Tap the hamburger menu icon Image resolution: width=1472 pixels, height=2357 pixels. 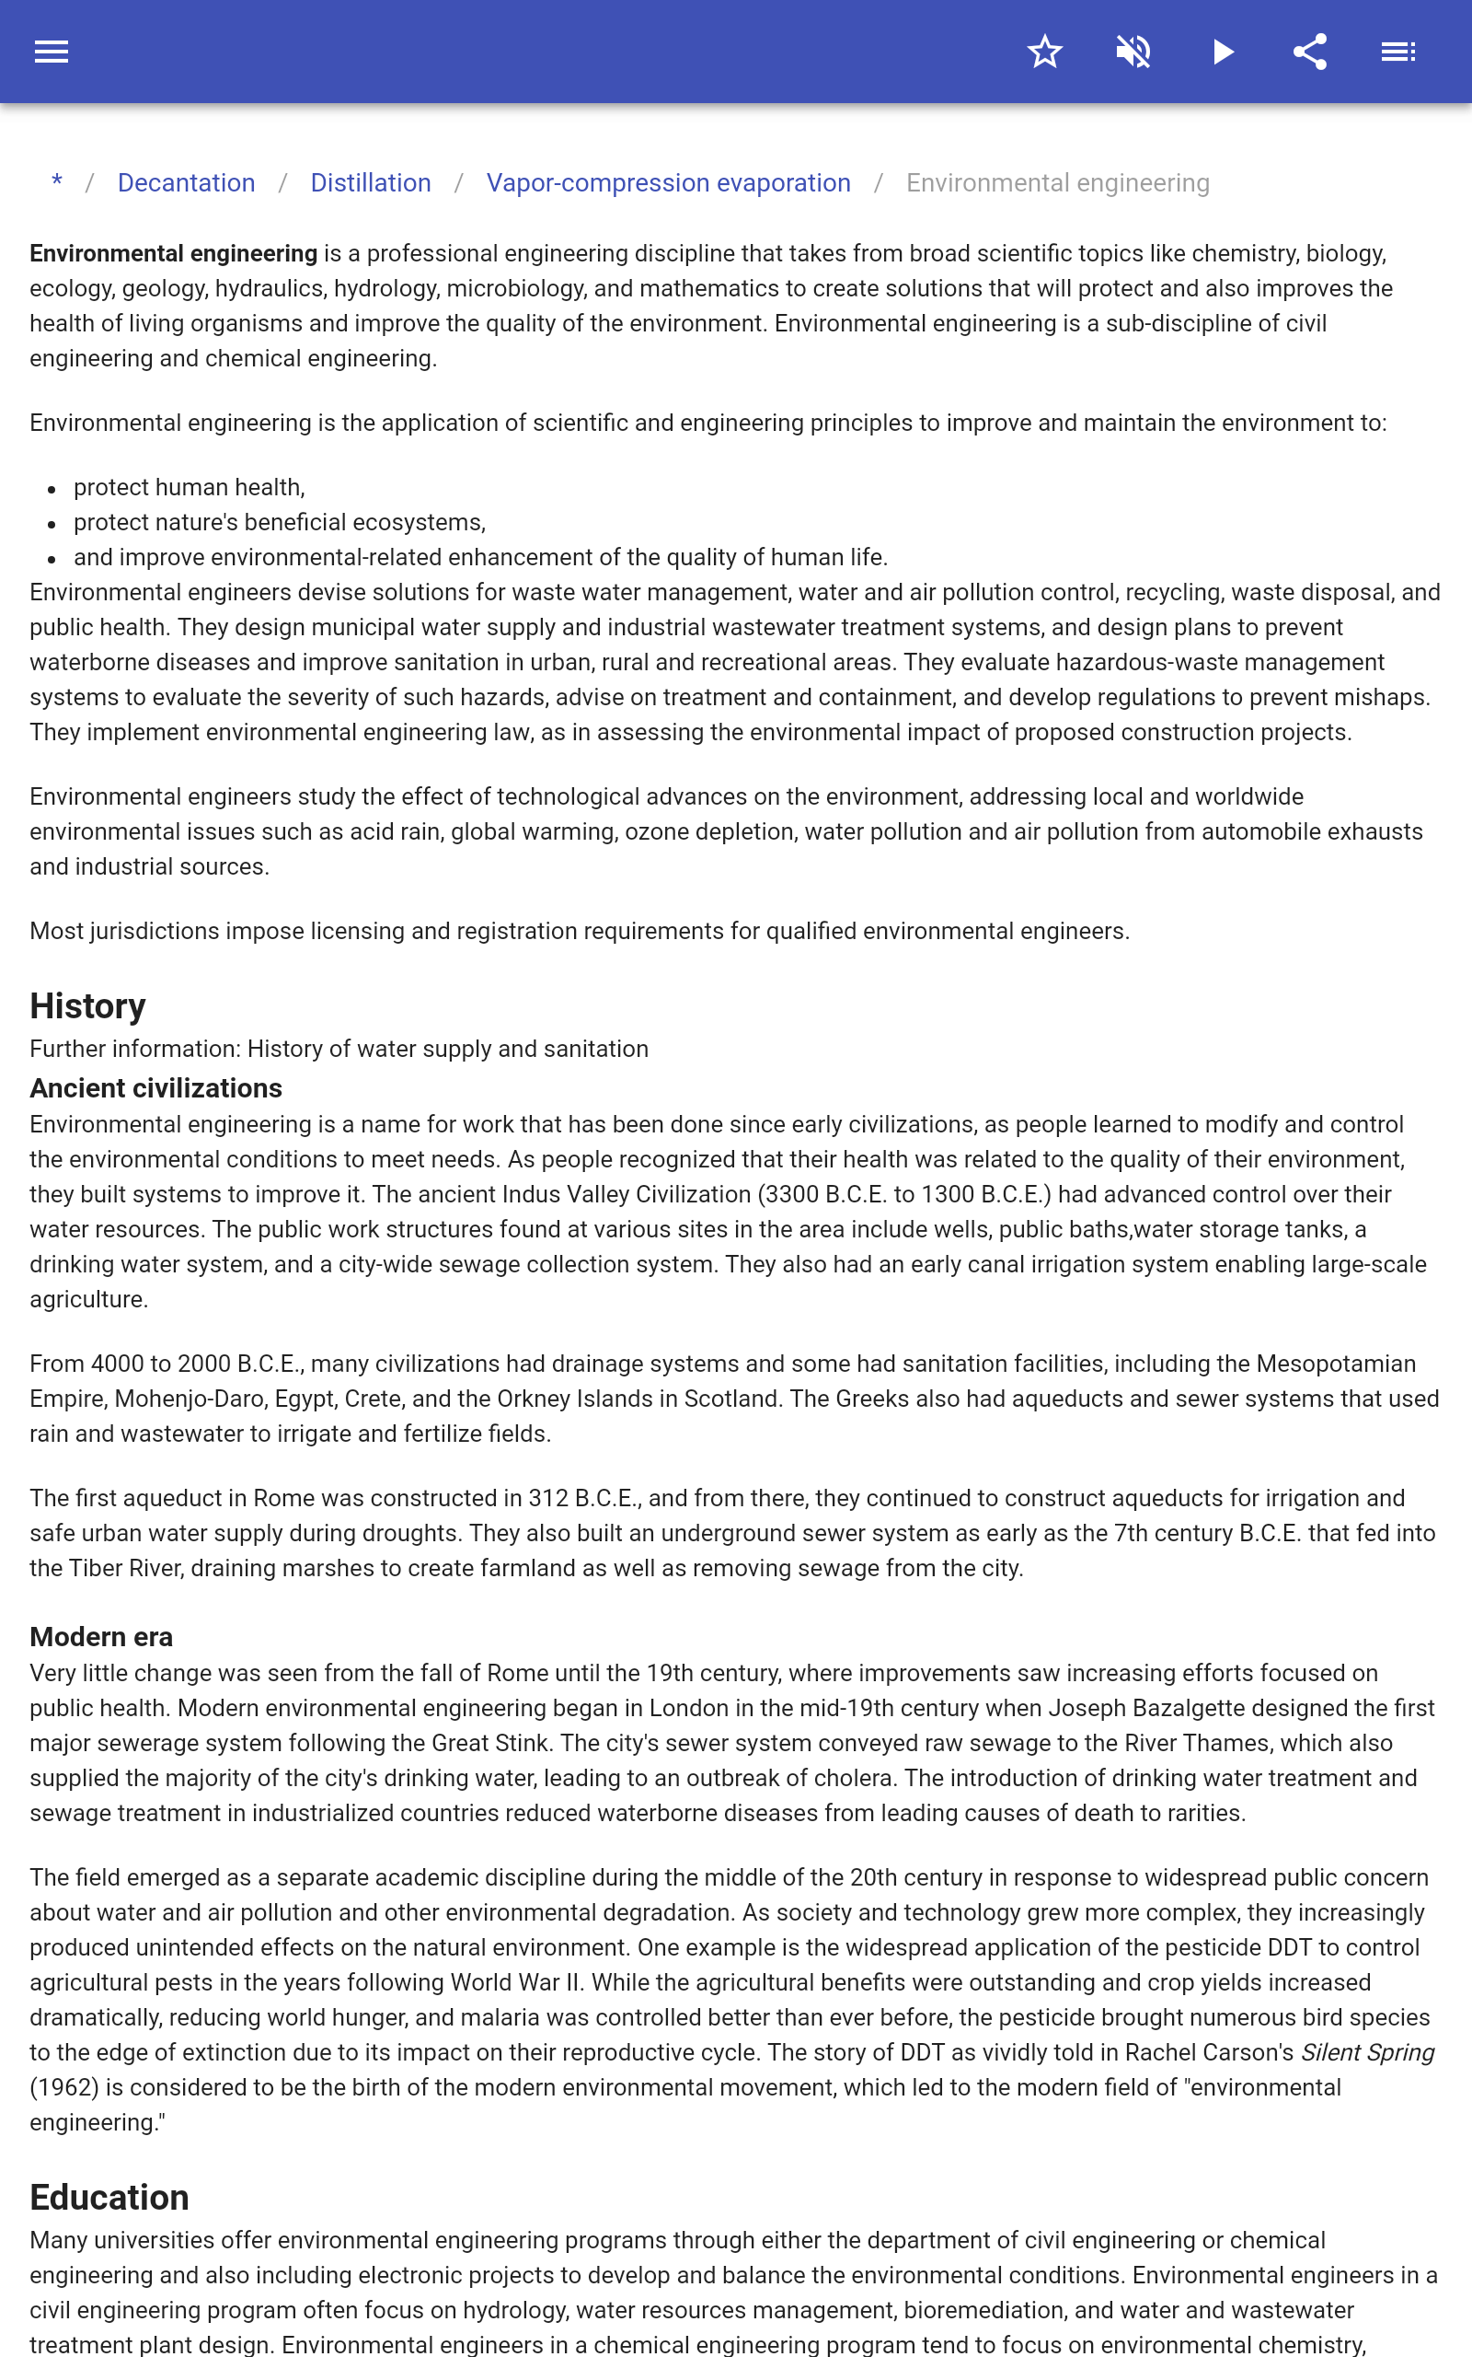click(52, 52)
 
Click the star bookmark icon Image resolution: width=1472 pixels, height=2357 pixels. click(1044, 52)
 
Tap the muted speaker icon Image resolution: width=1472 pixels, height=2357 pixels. click(1133, 52)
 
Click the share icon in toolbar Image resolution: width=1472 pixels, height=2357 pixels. click(1310, 52)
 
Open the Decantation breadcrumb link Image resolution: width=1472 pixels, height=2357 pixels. click(186, 183)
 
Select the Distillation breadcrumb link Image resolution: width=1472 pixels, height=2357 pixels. click(370, 183)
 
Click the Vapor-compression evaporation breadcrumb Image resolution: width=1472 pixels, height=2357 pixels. click(668, 183)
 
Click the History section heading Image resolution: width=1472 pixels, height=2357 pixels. click(87, 1006)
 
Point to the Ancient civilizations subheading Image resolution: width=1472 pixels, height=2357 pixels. click(155, 1088)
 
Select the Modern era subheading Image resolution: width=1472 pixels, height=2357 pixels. click(101, 1636)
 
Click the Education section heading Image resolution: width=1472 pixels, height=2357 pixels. click(109, 2198)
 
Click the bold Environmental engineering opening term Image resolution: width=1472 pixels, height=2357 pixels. click(173, 253)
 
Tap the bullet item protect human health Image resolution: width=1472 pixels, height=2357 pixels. click(189, 487)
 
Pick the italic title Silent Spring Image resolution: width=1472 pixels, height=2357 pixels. click(1367, 2052)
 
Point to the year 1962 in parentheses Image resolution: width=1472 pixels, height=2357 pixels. click(64, 2087)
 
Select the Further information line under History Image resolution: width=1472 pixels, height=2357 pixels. click(339, 1049)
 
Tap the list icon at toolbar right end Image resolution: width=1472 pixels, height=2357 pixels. click(1398, 52)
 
